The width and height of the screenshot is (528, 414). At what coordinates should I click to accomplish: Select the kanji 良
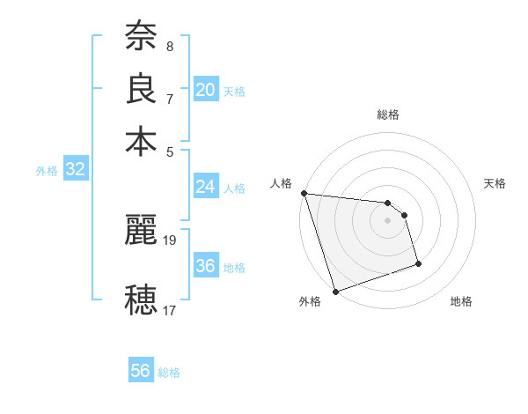(x=141, y=89)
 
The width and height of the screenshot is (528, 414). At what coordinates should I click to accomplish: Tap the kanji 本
(x=141, y=142)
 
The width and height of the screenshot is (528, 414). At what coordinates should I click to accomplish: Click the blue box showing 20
(x=205, y=89)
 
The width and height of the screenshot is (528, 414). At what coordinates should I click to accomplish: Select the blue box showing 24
(x=205, y=187)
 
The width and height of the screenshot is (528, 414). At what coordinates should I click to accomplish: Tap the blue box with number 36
(x=205, y=266)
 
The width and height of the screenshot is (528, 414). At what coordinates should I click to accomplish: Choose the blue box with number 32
(x=75, y=170)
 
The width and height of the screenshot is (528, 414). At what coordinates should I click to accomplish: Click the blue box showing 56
(x=140, y=371)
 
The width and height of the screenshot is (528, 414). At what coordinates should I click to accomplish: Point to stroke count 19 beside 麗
(x=171, y=240)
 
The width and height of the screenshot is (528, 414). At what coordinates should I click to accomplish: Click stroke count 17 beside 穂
(x=170, y=310)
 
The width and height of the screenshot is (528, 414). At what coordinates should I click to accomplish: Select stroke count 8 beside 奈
(x=169, y=45)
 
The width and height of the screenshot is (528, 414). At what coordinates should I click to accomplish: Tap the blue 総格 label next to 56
(x=169, y=373)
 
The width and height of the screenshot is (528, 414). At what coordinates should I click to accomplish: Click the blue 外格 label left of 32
(x=46, y=171)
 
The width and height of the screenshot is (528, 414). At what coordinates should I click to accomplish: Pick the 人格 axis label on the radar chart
(x=282, y=183)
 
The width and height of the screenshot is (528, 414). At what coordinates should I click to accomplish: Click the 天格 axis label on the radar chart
(x=495, y=183)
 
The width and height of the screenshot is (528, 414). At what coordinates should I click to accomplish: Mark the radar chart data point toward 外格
(x=336, y=292)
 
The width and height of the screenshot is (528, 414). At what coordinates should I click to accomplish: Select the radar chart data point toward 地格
(x=418, y=263)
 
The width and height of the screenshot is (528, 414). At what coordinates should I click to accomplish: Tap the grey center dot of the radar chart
(x=387, y=220)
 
